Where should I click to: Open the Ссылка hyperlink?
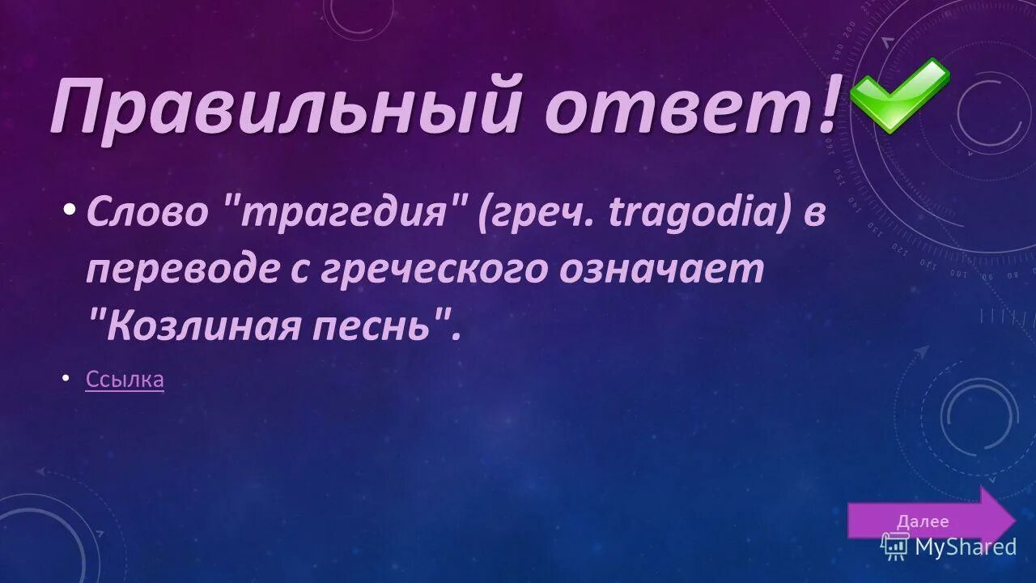(125, 379)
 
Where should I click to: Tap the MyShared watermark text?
(965, 547)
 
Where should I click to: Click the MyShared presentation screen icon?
(894, 547)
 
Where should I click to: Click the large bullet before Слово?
(70, 209)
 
